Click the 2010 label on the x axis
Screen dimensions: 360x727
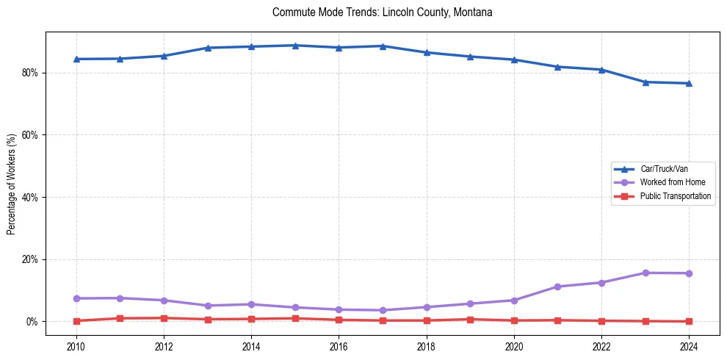pyautogui.click(x=76, y=345)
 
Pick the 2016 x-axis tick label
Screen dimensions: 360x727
pyautogui.click(x=339, y=345)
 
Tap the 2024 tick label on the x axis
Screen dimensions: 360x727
pyautogui.click(x=689, y=345)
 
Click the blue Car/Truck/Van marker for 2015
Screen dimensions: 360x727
pyautogui.click(x=295, y=46)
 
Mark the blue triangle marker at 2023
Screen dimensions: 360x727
pyautogui.click(x=645, y=82)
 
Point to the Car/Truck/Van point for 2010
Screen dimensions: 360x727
pyautogui.click(x=76, y=59)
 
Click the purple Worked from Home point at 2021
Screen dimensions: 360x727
pyautogui.click(x=558, y=287)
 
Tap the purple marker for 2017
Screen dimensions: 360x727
pyautogui.click(x=383, y=310)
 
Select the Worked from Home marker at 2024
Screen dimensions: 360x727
pyautogui.click(x=689, y=273)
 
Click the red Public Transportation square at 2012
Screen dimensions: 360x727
pyautogui.click(x=164, y=318)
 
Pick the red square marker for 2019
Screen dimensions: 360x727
pyautogui.click(x=470, y=320)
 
